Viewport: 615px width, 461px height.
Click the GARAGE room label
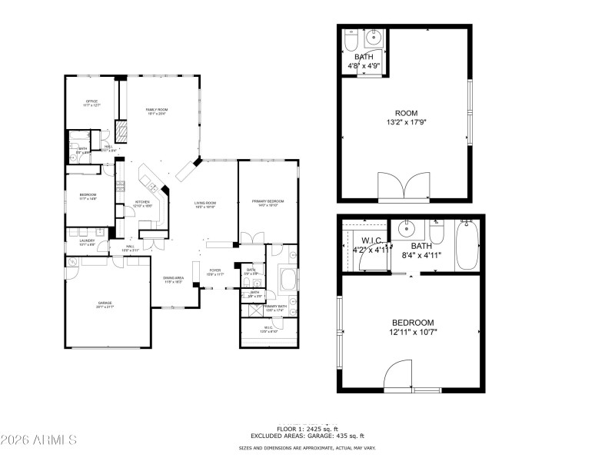(105, 303)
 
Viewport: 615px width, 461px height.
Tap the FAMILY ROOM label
(157, 111)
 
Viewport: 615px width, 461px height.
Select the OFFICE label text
(91, 101)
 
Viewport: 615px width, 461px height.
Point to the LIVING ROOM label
(204, 203)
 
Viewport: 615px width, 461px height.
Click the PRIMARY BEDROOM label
(268, 201)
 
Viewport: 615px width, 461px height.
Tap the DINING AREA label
(173, 279)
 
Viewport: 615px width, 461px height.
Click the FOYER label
(215, 271)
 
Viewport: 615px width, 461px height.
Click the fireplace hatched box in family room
(121, 129)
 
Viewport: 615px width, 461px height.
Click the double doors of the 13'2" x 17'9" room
(404, 187)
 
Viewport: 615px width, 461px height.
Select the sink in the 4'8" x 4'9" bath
(376, 38)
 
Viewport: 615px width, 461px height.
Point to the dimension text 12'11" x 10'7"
(413, 332)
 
